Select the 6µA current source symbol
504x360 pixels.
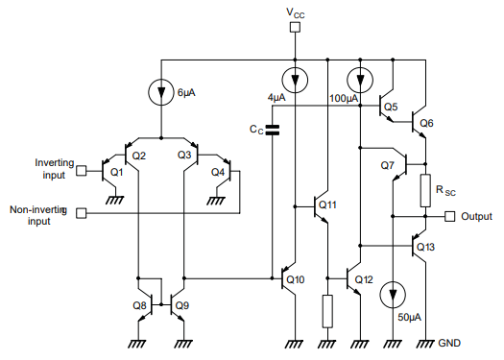[x=159, y=93]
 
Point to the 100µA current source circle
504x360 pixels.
[x=360, y=78]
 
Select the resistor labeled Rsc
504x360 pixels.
[x=423, y=192]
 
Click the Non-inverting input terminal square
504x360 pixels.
[x=81, y=213]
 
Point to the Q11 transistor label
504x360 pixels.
[x=326, y=204]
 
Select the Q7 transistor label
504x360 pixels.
[x=387, y=166]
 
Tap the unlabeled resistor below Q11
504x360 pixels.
[x=327, y=310]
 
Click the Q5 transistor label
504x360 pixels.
[x=390, y=107]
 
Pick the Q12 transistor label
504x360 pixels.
[x=363, y=279]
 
